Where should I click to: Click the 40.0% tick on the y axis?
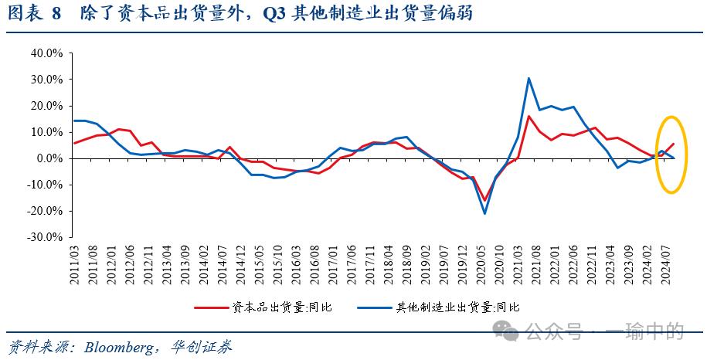[46, 53]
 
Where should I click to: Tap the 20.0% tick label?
[46, 106]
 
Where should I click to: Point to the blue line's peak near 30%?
[529, 78]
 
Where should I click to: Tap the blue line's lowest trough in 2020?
[485, 213]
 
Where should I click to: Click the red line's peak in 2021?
[529, 116]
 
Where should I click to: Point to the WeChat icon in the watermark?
[508, 331]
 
